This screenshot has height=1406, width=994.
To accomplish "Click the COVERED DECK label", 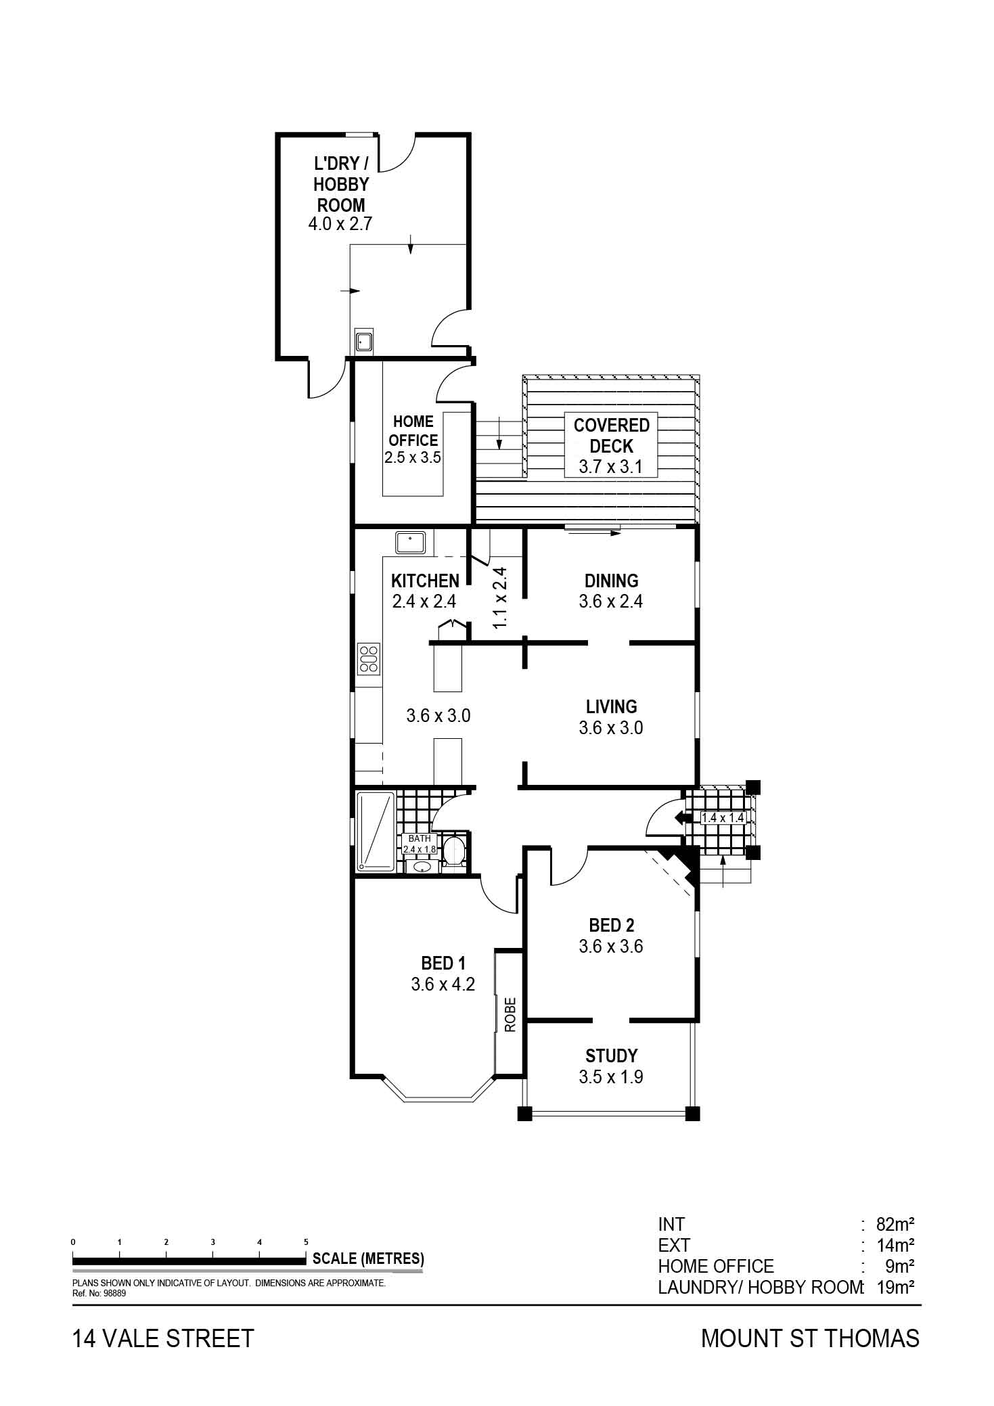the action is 612,436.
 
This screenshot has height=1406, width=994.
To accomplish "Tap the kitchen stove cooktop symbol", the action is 369,659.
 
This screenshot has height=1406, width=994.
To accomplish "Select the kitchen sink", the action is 410,543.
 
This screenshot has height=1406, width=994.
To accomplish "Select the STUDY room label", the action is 612,1056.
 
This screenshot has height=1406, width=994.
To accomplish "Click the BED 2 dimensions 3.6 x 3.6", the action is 611,946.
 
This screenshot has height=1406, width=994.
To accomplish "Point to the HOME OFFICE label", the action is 413,430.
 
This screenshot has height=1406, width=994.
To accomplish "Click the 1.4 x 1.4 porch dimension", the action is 723,817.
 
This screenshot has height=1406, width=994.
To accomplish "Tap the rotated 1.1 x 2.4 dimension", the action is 500,597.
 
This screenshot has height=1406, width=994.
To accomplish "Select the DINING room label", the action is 612,581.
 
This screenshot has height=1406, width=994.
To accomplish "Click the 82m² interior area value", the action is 896,1224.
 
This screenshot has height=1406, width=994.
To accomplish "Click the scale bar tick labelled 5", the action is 306,1242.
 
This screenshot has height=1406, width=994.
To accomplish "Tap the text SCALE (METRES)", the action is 368,1258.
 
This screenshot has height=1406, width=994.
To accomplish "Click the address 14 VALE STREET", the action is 163,1339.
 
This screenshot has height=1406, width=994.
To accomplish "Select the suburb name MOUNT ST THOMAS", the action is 810,1339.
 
